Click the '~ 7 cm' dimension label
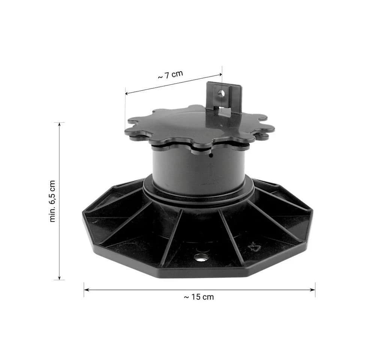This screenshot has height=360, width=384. pos(171,75)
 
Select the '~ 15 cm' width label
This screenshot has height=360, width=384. pos(199,297)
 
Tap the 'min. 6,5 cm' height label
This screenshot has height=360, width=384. pos(52,201)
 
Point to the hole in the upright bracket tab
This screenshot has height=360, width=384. pos(221,93)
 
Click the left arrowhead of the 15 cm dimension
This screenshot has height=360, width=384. pos(86,290)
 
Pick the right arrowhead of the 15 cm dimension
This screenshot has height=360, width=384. pos(313,290)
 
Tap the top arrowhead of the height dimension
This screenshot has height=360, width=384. pos(59,124)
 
